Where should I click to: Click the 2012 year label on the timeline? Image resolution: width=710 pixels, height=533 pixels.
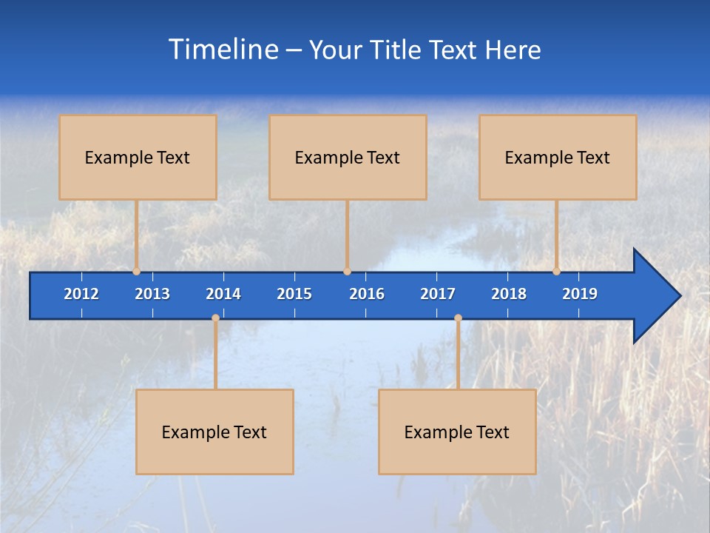click(81, 294)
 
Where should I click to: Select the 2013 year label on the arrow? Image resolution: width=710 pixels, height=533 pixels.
click(152, 294)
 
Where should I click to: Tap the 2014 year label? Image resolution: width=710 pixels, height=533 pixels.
click(223, 294)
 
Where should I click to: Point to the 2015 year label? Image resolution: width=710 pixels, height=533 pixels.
click(294, 294)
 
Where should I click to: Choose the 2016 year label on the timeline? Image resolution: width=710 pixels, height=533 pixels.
click(367, 294)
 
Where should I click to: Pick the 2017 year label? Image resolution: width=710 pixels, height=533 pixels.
click(438, 294)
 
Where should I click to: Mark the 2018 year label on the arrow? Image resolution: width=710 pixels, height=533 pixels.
click(509, 294)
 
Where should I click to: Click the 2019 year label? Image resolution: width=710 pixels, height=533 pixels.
click(580, 294)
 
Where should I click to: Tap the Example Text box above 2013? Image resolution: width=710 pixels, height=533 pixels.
click(138, 158)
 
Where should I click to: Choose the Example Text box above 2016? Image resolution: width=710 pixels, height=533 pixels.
click(348, 158)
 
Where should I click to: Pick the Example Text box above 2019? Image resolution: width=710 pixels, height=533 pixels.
click(558, 158)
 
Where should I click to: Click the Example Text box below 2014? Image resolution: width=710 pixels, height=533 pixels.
click(214, 432)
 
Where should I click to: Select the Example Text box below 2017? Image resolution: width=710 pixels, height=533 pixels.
click(457, 432)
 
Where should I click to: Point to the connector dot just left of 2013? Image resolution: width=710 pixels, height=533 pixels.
click(137, 272)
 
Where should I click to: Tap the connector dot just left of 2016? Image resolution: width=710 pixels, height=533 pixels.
click(347, 272)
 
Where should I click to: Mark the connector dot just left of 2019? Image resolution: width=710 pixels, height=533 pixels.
click(556, 272)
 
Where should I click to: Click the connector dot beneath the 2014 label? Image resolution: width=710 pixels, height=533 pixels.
click(215, 318)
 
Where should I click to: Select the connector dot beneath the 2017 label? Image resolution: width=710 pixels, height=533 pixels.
click(458, 318)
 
